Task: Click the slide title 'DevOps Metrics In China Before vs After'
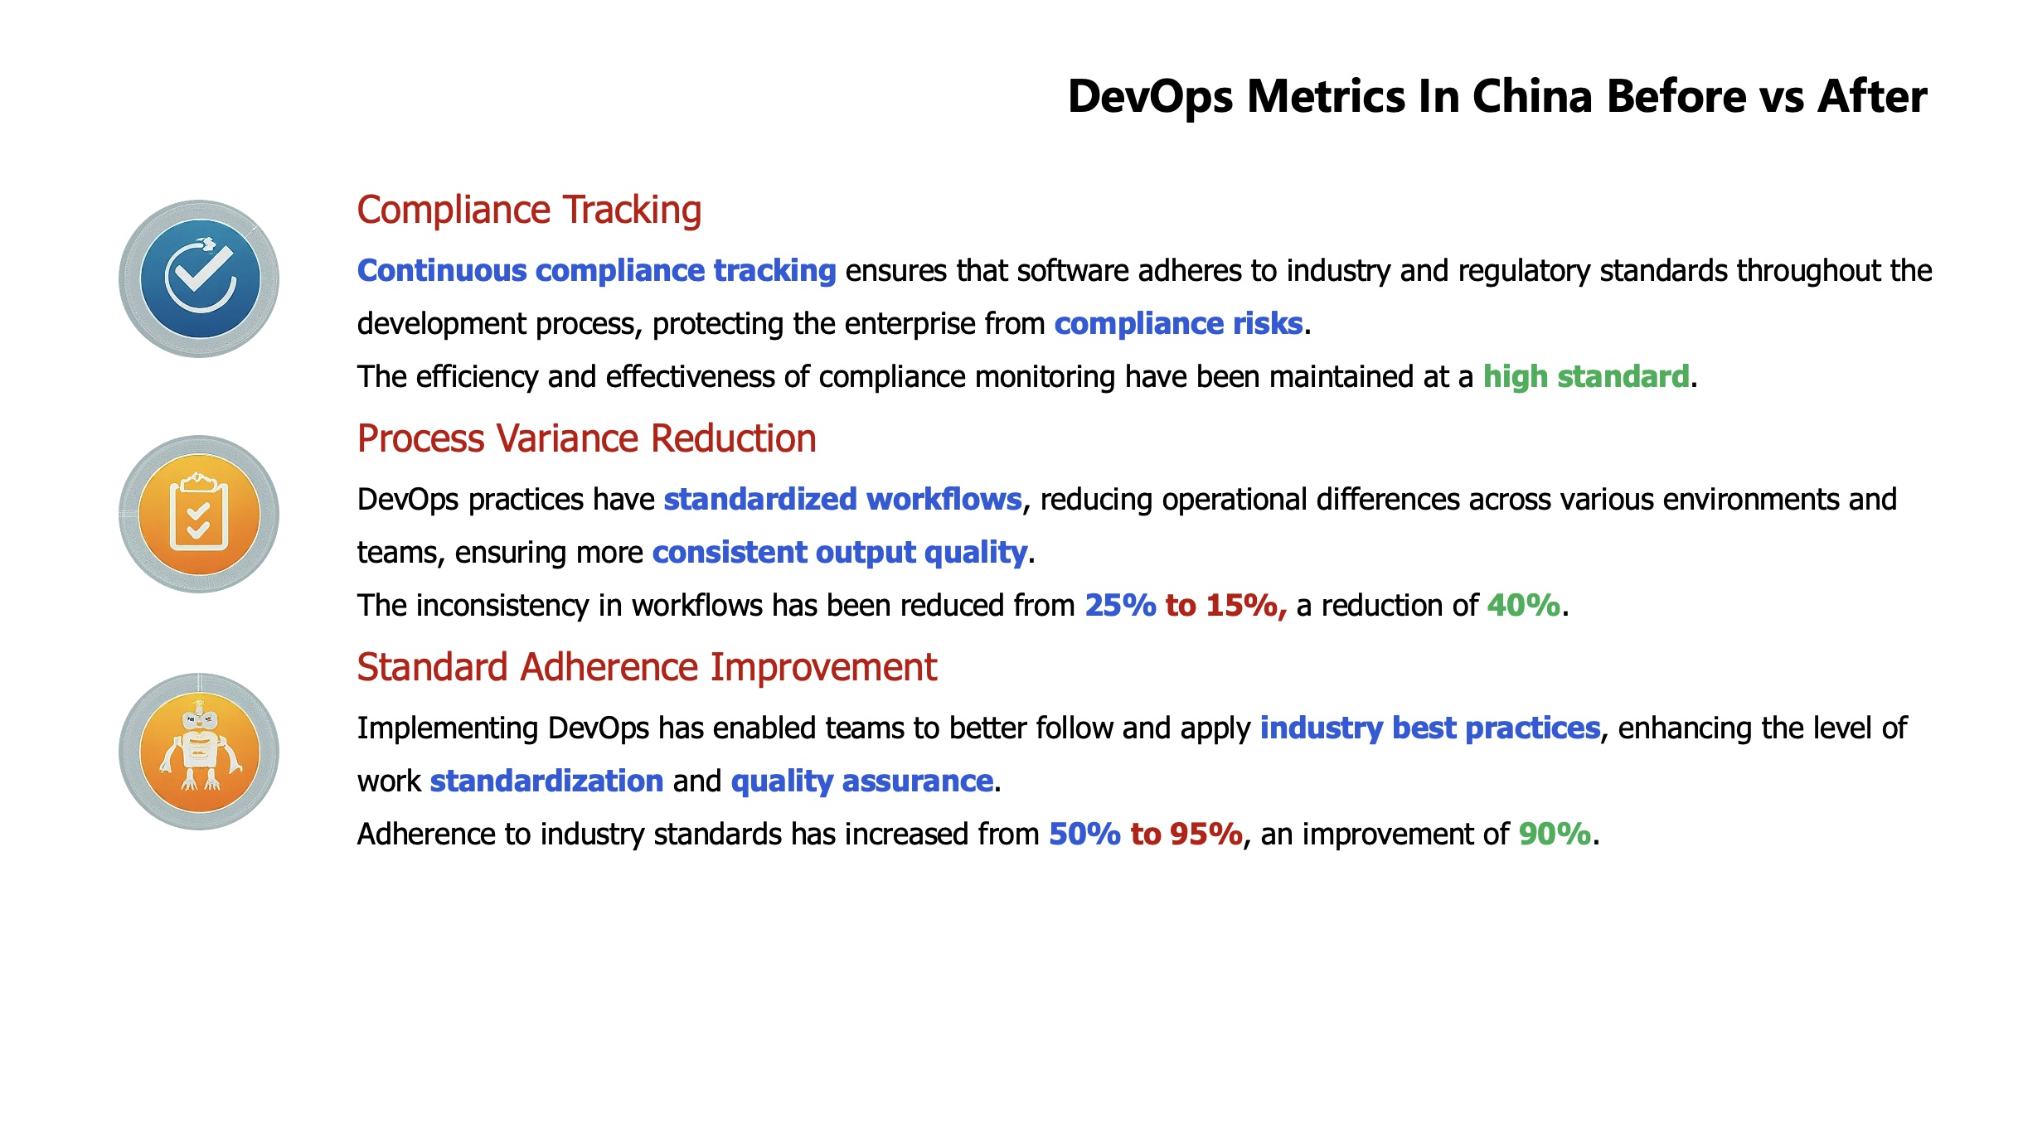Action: pyautogui.click(x=1497, y=97)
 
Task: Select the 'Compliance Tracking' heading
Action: pyautogui.click(x=529, y=210)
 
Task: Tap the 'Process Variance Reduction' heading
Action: pyautogui.click(x=586, y=438)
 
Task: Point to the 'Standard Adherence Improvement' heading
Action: pyautogui.click(x=647, y=666)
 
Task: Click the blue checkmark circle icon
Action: pyautogui.click(x=199, y=278)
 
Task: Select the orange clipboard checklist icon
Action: pyautogui.click(x=199, y=514)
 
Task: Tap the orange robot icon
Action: pyautogui.click(x=199, y=752)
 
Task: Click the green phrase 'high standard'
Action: pyautogui.click(x=1585, y=377)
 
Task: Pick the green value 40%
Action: pyautogui.click(x=1523, y=605)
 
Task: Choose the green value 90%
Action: pyautogui.click(x=1555, y=834)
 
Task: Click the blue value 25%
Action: pyautogui.click(x=1120, y=605)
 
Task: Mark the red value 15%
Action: pyautogui.click(x=1246, y=606)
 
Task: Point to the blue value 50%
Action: pyautogui.click(x=1084, y=834)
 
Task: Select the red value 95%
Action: pyautogui.click(x=1206, y=834)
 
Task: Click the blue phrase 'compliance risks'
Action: pyautogui.click(x=1178, y=323)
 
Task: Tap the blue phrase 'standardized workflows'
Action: pyautogui.click(x=842, y=499)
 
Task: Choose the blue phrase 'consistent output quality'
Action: pyautogui.click(x=840, y=553)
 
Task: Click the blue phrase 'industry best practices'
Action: pyautogui.click(x=1430, y=728)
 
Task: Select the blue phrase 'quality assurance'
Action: pyautogui.click(x=862, y=781)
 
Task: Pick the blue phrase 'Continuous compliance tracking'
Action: pyautogui.click(x=596, y=271)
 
